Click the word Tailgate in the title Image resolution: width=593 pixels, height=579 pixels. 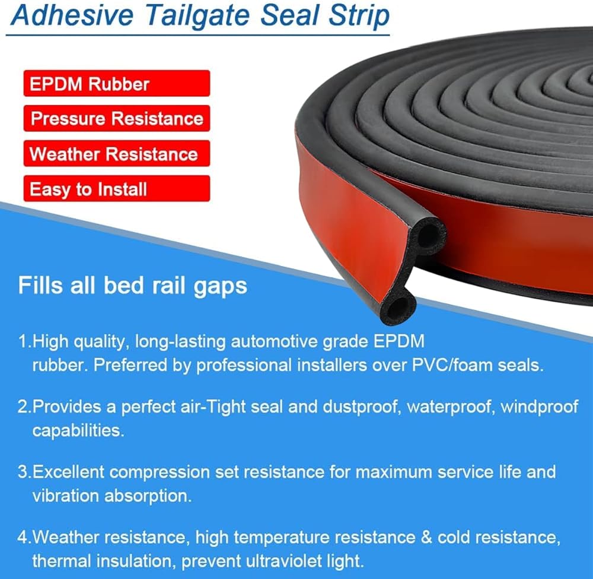click(x=199, y=16)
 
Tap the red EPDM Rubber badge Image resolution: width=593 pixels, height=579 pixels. click(x=116, y=83)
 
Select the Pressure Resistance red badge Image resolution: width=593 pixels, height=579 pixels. click(x=116, y=119)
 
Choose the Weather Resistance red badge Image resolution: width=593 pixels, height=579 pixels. click(x=116, y=153)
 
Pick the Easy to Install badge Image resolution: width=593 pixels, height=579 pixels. click(x=116, y=189)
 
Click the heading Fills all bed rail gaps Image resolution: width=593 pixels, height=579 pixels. click(x=132, y=286)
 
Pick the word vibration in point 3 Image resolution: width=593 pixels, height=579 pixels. click(x=65, y=496)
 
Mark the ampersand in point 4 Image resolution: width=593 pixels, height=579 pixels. click(x=426, y=537)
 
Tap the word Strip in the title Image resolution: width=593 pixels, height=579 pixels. click(x=359, y=16)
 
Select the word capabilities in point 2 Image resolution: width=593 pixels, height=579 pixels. click(x=78, y=431)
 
